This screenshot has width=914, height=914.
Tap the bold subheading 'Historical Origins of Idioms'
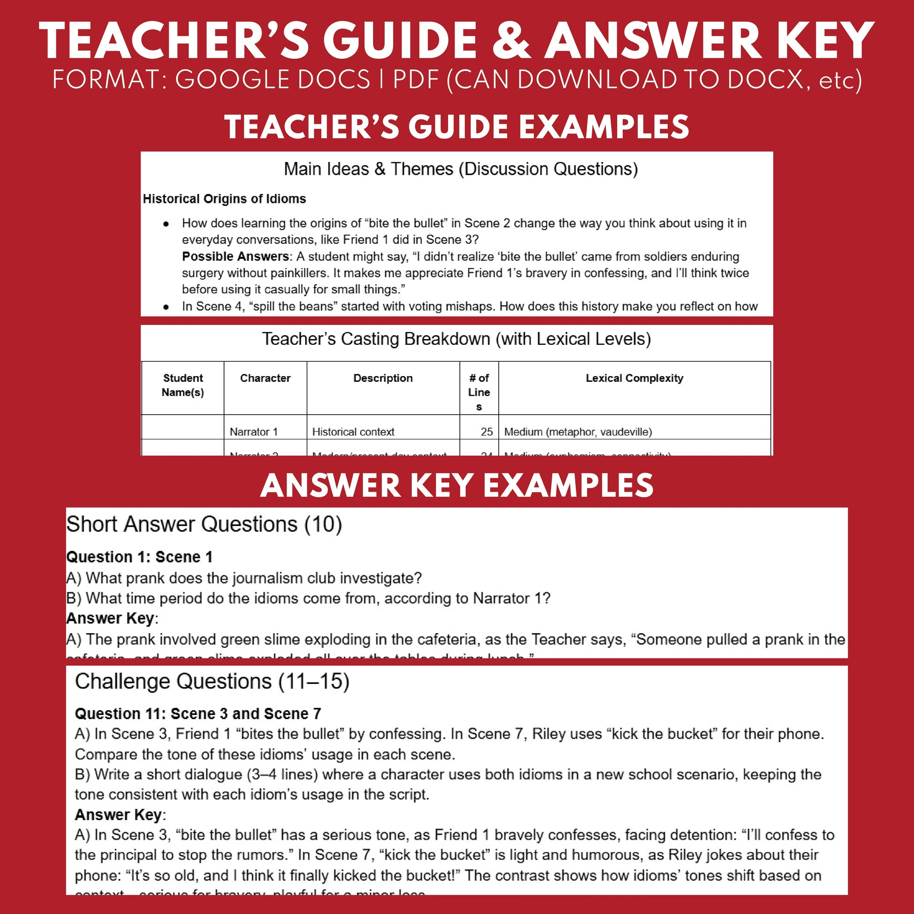(224, 199)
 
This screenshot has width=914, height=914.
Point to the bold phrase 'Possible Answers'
(235, 256)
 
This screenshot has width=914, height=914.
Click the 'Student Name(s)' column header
(183, 385)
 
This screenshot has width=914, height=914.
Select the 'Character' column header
(265, 378)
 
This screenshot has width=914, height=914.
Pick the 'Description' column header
(383, 378)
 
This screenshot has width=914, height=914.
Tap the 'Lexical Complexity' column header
(634, 378)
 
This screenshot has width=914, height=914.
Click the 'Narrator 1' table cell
(254, 432)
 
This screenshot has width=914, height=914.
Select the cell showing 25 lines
(486, 432)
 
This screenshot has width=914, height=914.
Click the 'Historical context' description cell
(353, 432)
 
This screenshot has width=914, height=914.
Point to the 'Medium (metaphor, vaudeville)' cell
(578, 432)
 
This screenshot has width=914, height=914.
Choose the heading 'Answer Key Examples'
(457, 486)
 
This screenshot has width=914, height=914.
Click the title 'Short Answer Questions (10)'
(204, 524)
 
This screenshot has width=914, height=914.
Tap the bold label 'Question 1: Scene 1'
(139, 557)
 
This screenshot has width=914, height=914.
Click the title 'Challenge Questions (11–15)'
(212, 682)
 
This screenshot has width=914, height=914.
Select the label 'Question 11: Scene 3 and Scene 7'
(198, 713)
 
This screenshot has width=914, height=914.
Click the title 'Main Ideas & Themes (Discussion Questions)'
(461, 169)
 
